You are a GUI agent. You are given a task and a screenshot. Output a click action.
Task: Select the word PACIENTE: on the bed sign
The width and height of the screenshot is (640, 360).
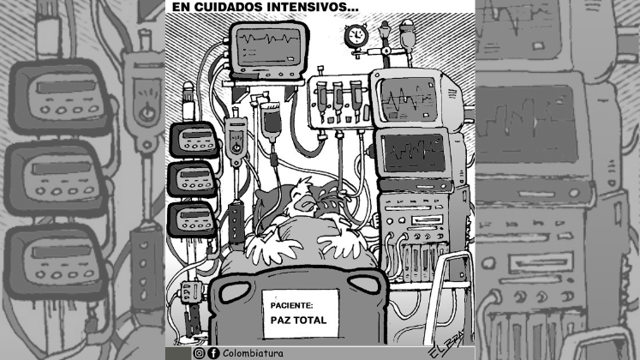pyautogui.click(x=291, y=305)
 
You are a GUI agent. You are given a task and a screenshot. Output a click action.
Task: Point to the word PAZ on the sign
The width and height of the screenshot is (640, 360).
pyautogui.click(x=279, y=320)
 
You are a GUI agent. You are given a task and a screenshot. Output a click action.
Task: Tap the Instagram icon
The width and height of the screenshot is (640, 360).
pyautogui.click(x=199, y=353)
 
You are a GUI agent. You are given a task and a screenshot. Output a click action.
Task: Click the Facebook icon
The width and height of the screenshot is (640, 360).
pyautogui.click(x=213, y=353)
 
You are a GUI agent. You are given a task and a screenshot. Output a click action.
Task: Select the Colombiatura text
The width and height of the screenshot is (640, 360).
pyautogui.click(x=253, y=353)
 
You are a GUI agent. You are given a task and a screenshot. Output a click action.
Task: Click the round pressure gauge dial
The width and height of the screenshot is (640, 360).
pyautogui.click(x=356, y=35)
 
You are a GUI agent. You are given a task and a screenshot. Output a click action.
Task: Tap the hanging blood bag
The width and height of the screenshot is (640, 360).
pyautogui.click(x=270, y=121)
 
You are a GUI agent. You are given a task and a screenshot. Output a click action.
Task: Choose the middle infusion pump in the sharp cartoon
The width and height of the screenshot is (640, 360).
pyautogui.click(x=192, y=180)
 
